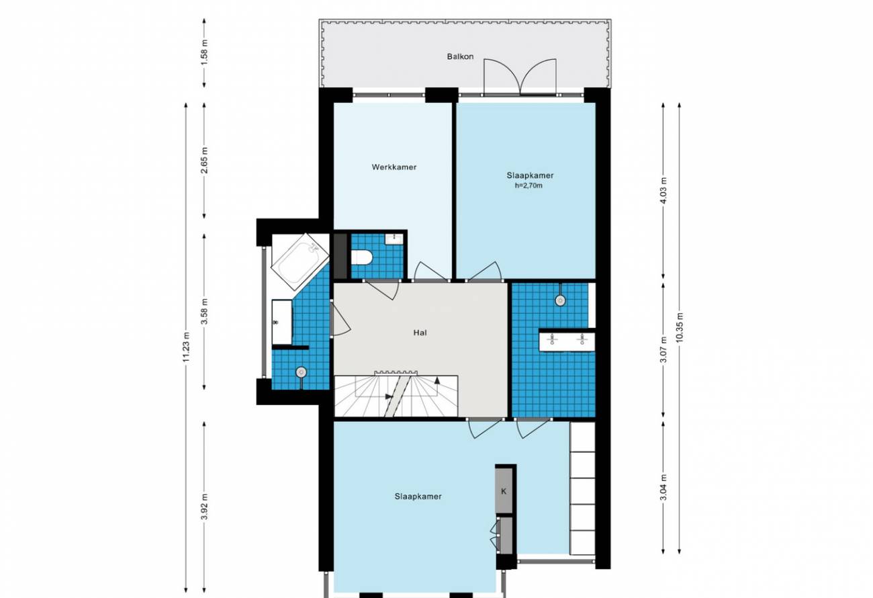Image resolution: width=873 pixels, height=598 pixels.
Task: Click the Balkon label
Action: tap(460, 56)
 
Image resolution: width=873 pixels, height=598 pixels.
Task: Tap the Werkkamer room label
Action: tap(394, 167)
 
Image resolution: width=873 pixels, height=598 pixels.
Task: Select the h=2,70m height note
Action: tap(529, 185)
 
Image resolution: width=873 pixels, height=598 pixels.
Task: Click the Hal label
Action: tap(420, 333)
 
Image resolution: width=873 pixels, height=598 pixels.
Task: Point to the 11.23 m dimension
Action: tap(186, 347)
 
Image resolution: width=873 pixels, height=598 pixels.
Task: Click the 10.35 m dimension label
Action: tap(680, 327)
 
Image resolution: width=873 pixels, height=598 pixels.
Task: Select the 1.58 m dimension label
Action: tap(205, 52)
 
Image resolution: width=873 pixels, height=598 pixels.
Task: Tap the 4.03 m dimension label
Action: tap(663, 190)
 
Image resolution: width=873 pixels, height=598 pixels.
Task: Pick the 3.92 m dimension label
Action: tap(205, 507)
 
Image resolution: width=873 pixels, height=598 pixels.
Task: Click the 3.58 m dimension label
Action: tap(205, 311)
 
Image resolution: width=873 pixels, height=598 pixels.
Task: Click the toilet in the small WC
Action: tap(362, 257)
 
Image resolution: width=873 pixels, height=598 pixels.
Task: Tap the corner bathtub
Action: tap(300, 261)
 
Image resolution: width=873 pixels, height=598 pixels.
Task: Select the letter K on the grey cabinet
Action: tap(504, 492)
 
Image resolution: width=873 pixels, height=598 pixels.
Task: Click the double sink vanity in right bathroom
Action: tap(567, 340)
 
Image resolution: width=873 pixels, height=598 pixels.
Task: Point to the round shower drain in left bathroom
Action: tap(302, 372)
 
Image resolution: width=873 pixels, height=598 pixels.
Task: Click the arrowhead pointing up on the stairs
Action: tap(438, 380)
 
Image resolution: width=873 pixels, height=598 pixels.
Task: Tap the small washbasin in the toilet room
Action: tap(394, 239)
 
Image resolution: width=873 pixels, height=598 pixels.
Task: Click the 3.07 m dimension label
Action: tap(663, 349)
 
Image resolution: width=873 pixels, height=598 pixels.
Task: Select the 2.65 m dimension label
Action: tap(205, 160)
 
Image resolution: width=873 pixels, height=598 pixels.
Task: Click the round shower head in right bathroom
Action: tap(561, 300)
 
